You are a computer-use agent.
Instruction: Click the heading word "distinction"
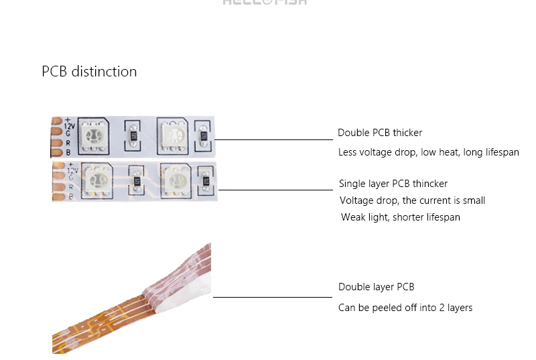point(104,72)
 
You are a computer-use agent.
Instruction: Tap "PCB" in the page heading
point(54,72)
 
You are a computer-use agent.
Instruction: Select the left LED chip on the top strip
point(92,132)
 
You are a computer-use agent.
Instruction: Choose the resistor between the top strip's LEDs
point(133,135)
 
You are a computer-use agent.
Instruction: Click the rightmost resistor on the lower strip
point(206,181)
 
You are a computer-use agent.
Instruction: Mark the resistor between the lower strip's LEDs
point(137,181)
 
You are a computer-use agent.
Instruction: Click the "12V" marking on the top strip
point(69,125)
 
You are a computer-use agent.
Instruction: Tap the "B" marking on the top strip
point(67,152)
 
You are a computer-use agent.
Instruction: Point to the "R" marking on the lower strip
point(71,187)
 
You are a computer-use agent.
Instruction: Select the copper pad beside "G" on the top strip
point(56,133)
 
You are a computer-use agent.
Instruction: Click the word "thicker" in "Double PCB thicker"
point(408,133)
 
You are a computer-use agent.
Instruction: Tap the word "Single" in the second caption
point(352,184)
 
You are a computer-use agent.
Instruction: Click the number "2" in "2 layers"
point(438,308)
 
